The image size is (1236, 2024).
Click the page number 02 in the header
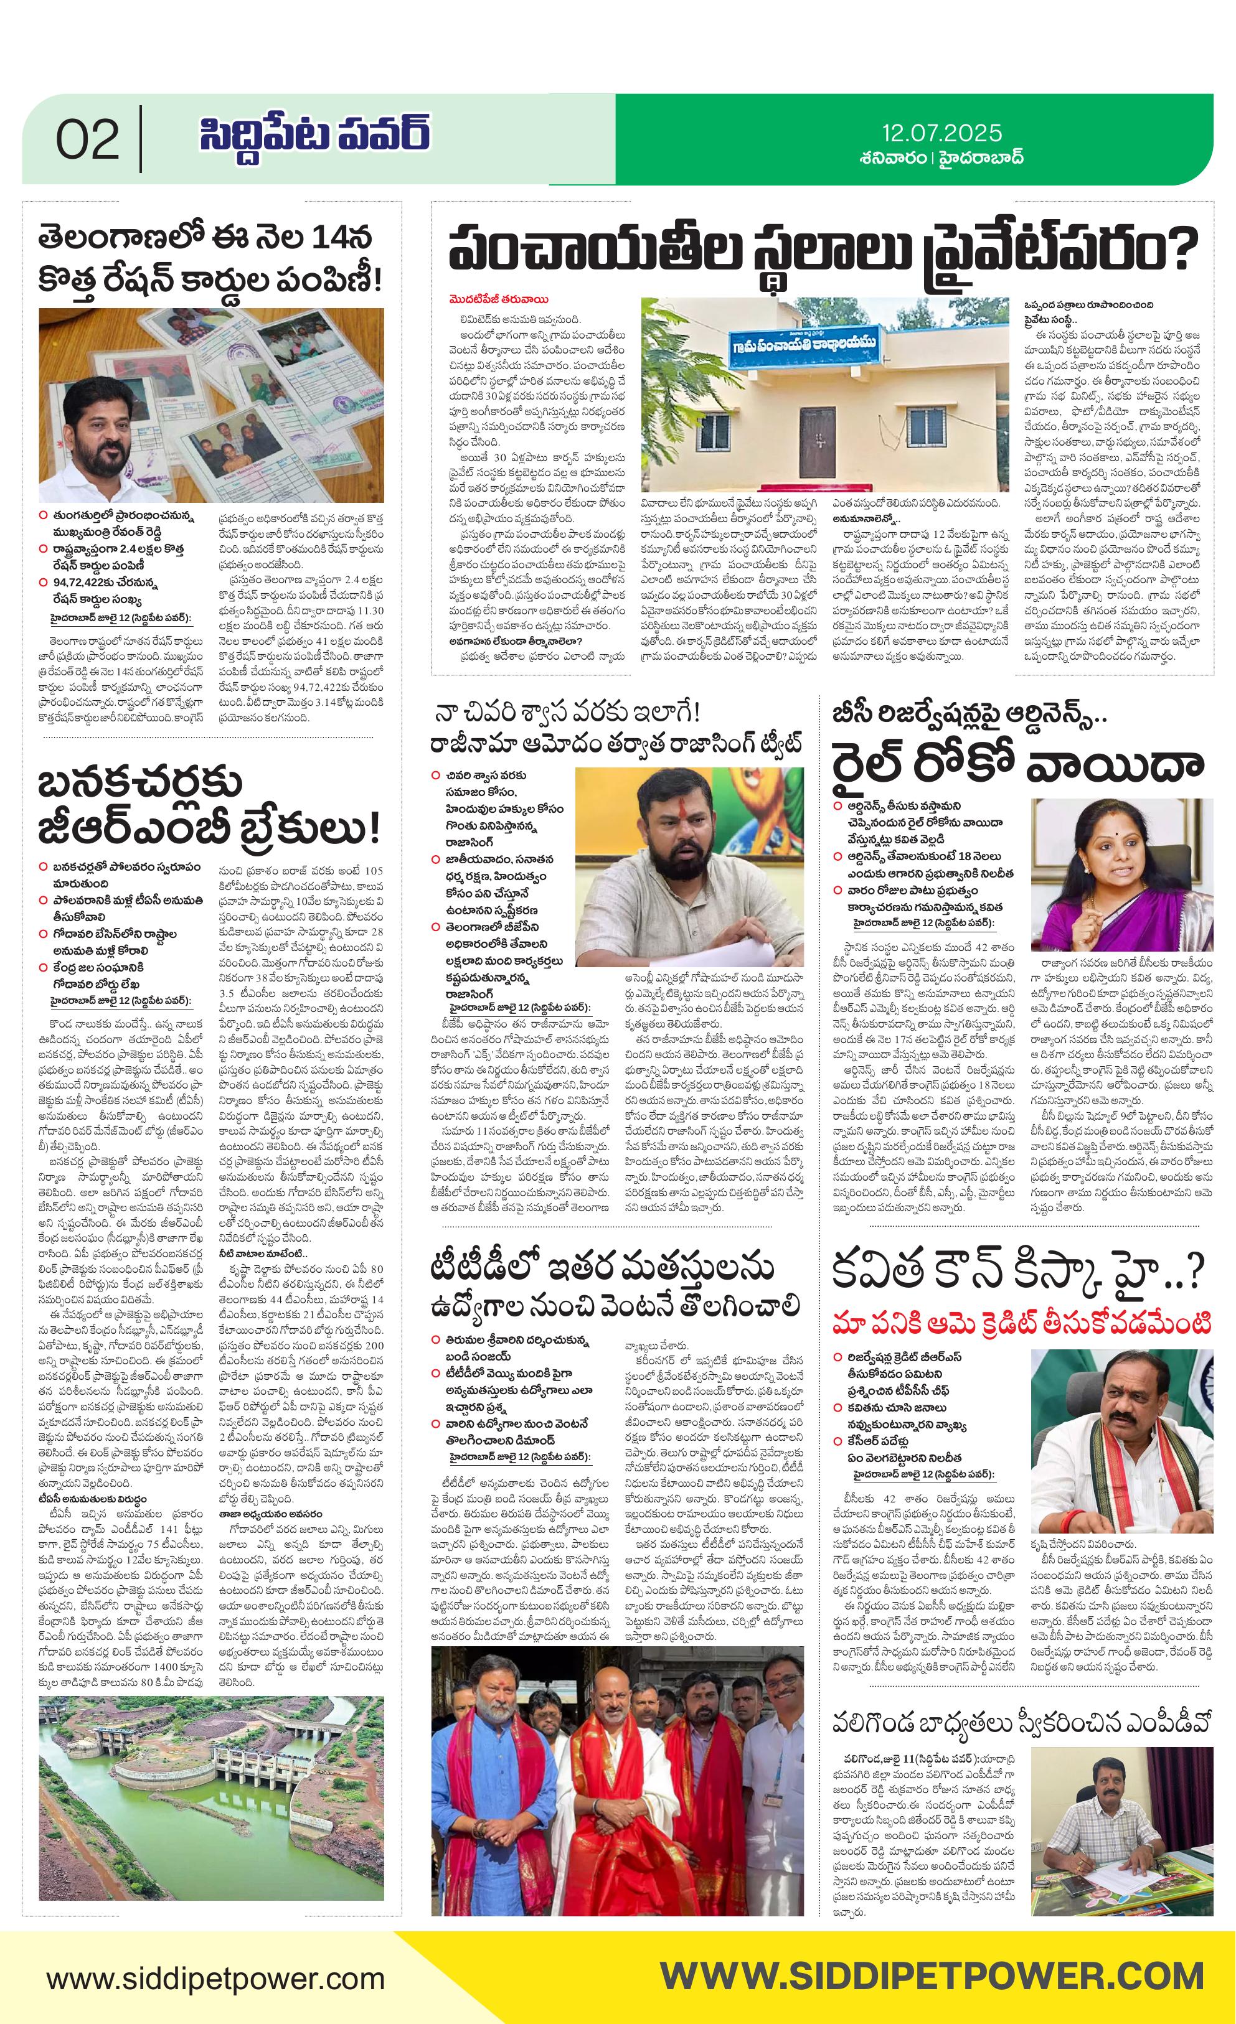(87, 141)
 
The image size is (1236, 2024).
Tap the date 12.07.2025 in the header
(942, 133)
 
